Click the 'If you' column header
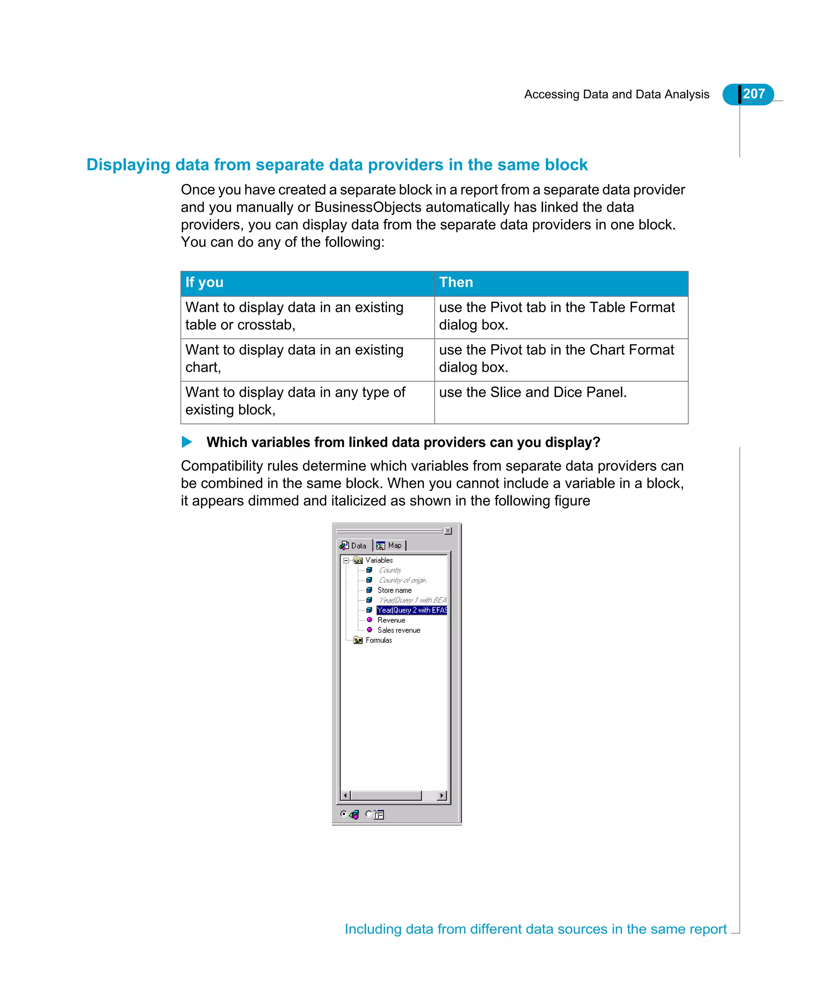coord(204,283)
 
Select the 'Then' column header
coord(455,283)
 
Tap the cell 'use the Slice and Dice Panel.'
coord(533,392)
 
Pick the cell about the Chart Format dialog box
coord(556,359)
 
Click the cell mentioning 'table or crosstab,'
coord(294,316)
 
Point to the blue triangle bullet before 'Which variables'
coord(186,442)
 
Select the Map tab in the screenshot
coord(390,545)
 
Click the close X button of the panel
coord(448,531)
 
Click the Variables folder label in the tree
coord(379,560)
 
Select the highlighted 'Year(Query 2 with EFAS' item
coord(412,610)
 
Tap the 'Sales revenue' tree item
coord(398,630)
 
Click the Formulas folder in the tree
coord(379,640)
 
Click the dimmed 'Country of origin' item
coord(402,581)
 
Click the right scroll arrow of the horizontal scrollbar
coord(442,796)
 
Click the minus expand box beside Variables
coord(346,560)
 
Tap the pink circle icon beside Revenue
coord(369,620)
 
